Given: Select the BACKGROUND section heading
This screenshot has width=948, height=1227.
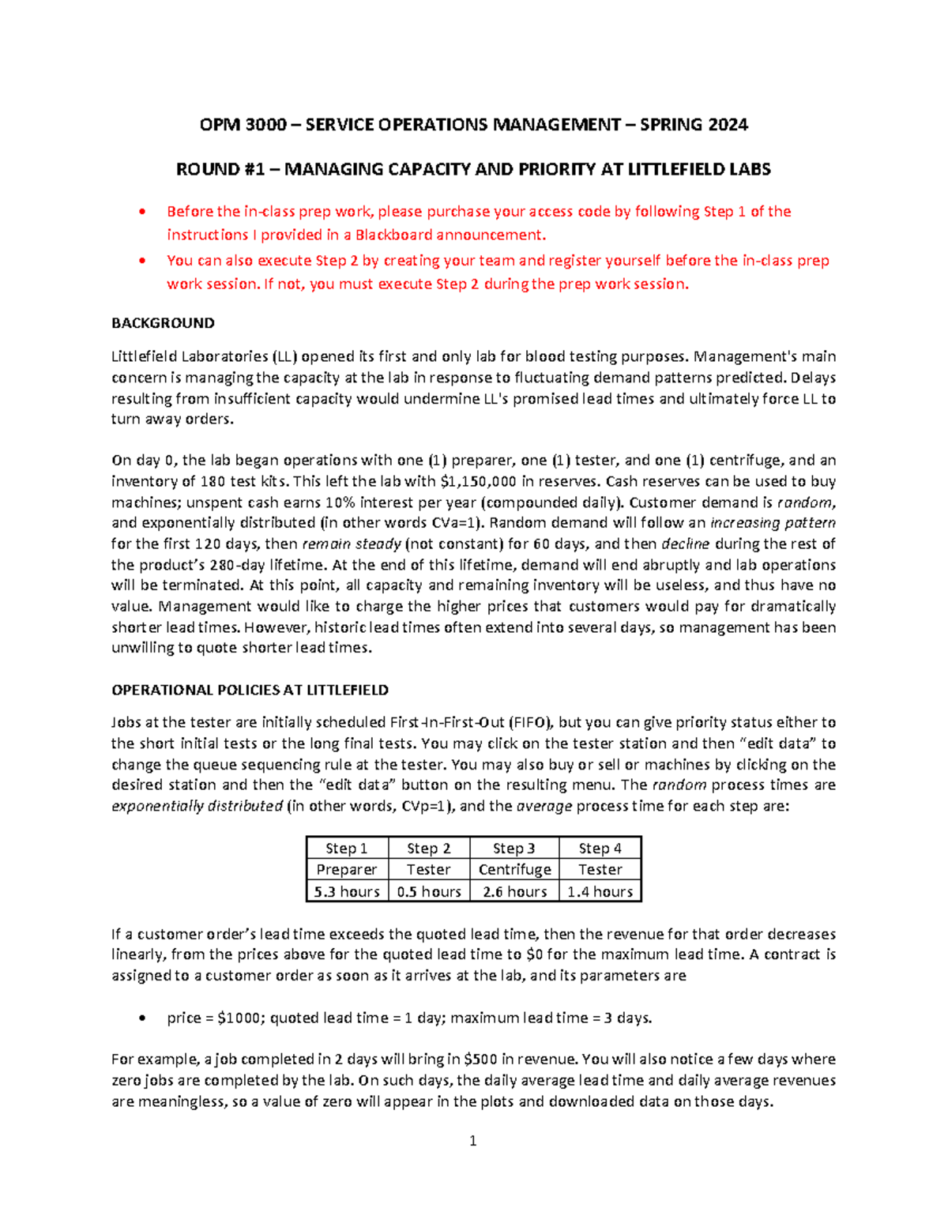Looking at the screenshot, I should click(163, 323).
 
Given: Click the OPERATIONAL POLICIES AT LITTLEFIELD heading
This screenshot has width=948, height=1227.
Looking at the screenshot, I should click(250, 690).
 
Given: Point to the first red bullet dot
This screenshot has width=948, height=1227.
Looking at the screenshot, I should click(141, 212).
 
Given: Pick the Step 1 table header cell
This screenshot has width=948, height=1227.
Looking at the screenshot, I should click(347, 849).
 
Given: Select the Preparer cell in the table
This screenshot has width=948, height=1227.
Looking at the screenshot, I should click(347, 870).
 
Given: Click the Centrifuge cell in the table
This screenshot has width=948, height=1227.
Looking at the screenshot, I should click(514, 870).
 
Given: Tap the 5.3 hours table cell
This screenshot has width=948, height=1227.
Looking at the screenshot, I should click(347, 892).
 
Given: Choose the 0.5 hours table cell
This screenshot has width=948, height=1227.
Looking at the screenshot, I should click(429, 892).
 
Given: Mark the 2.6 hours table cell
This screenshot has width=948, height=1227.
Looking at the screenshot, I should click(514, 892).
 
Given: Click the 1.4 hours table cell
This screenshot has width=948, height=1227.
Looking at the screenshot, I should click(600, 892).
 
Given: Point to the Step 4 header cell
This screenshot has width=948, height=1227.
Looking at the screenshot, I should click(600, 849).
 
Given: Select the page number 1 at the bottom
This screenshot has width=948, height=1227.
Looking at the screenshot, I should click(473, 1141).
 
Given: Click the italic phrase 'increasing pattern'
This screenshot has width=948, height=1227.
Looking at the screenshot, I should click(773, 523).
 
